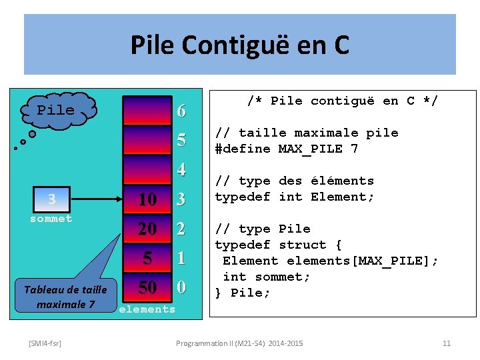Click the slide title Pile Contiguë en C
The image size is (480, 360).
(239, 45)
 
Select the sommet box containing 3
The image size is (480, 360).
(51, 199)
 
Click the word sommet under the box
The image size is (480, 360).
(51, 218)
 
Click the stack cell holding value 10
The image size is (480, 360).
(147, 199)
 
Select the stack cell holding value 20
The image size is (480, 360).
(147, 229)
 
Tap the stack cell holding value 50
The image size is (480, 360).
(147, 287)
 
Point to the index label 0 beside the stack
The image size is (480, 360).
(181, 287)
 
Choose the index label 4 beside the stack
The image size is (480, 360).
(181, 170)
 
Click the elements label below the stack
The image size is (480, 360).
(147, 309)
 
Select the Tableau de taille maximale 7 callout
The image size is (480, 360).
(66, 297)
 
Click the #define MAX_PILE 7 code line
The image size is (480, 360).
(286, 149)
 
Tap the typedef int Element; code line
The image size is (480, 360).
(294, 197)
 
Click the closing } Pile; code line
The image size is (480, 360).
(242, 293)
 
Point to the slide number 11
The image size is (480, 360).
(447, 343)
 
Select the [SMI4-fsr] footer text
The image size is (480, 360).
(45, 343)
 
